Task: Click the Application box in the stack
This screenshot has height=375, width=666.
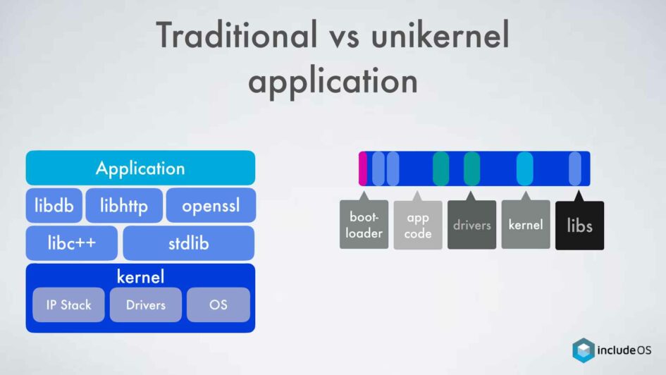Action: (140, 168)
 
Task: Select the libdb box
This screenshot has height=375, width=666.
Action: (54, 206)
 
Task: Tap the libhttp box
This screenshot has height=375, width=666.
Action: (124, 206)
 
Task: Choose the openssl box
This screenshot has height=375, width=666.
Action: (211, 206)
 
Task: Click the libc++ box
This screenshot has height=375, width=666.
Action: (71, 243)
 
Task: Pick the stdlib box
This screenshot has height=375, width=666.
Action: (189, 243)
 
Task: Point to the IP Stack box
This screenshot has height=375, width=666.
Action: (68, 305)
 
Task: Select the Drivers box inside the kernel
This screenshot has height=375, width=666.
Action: (146, 305)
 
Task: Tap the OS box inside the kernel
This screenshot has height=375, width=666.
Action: (218, 305)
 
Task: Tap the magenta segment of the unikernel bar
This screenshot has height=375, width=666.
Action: (363, 168)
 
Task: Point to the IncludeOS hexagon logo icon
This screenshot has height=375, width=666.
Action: (584, 350)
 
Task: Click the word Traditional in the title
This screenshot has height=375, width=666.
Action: (237, 35)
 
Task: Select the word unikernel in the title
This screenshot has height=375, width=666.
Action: (440, 35)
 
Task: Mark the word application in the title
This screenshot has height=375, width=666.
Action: (333, 81)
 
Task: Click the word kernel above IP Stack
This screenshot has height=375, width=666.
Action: (140, 277)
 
